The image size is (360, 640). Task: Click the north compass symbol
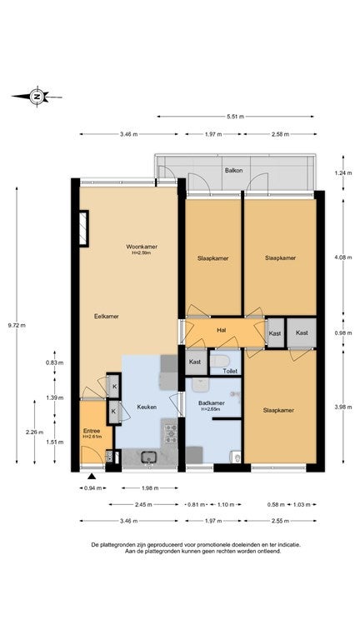[x=37, y=97]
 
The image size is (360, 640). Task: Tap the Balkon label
[x=233, y=170]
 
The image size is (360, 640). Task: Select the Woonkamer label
[x=142, y=247]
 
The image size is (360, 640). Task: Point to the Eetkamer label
[x=107, y=316]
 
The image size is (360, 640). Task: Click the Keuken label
[x=147, y=407]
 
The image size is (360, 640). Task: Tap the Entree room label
[x=92, y=431]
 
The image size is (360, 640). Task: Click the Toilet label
[x=230, y=372]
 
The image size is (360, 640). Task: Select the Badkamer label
[x=212, y=403]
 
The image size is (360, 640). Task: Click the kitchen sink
[x=149, y=457]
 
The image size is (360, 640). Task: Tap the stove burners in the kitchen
[x=171, y=433]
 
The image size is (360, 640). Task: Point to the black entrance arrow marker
[x=92, y=476]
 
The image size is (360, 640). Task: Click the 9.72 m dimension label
[x=17, y=325]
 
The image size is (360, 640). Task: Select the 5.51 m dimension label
[x=236, y=117]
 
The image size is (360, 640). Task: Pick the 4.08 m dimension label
[x=342, y=257]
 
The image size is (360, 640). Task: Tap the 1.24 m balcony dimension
[x=342, y=172]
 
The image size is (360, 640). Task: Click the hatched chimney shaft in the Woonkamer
[x=83, y=228]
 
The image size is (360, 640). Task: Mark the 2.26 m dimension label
[x=34, y=432]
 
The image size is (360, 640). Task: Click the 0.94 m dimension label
[x=92, y=487]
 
